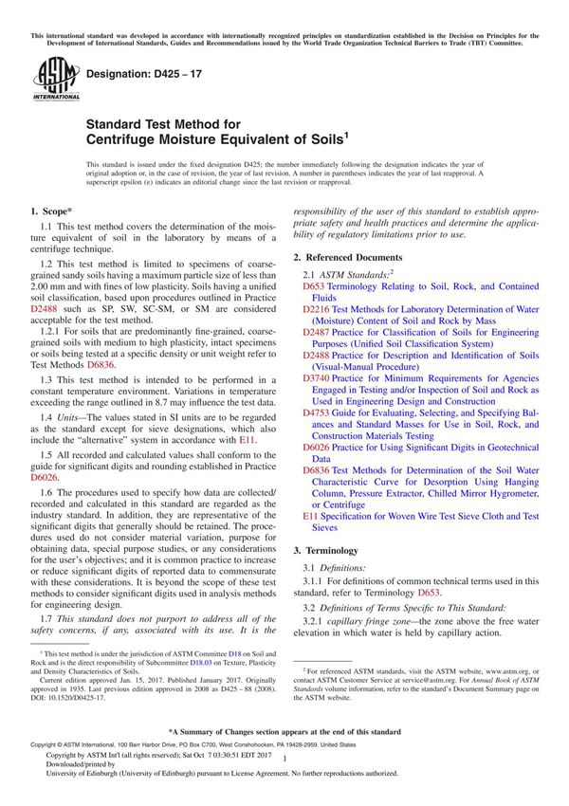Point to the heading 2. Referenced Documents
[347, 258]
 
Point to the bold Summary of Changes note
[284, 759]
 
